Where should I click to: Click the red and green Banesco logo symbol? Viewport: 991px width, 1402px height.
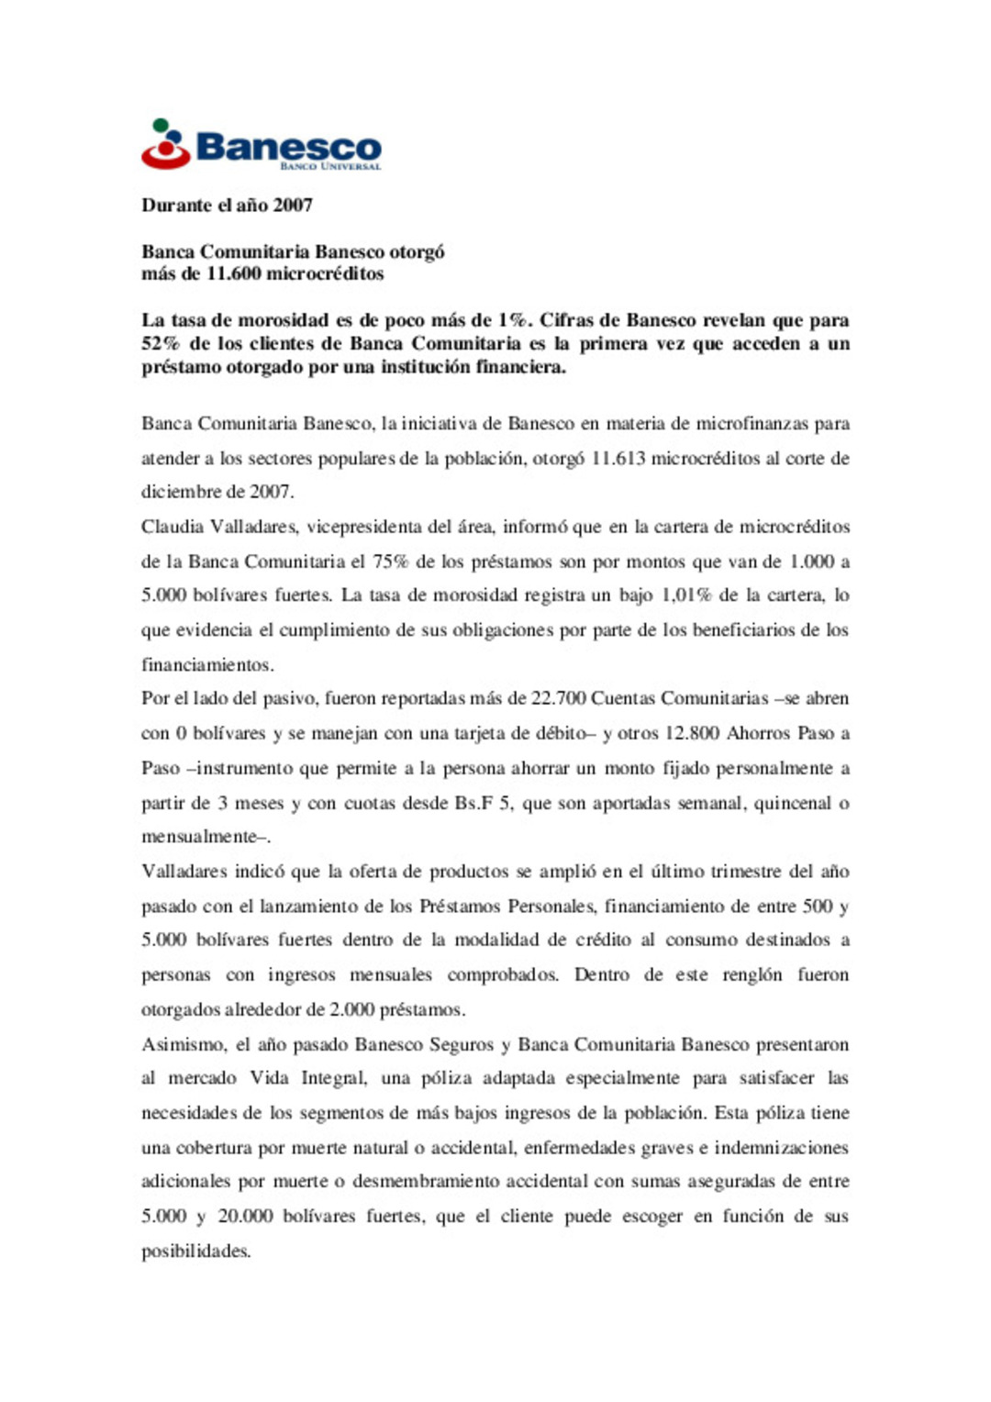click(x=165, y=144)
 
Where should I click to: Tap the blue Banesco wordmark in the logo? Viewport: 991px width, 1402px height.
click(x=288, y=146)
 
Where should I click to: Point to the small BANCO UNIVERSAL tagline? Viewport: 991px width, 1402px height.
click(x=329, y=167)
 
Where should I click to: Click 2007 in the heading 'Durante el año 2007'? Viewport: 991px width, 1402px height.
click(x=293, y=206)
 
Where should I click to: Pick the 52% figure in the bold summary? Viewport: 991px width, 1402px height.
click(x=161, y=344)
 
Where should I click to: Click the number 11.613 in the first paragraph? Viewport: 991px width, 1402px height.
click(x=618, y=458)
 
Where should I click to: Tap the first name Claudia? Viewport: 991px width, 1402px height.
click(x=173, y=527)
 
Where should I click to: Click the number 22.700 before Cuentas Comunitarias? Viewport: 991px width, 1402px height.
click(x=559, y=698)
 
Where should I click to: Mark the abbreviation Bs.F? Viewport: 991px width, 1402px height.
click(x=474, y=803)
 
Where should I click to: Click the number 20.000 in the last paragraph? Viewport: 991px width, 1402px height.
click(x=245, y=1217)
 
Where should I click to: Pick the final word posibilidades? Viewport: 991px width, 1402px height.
click(x=195, y=1252)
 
